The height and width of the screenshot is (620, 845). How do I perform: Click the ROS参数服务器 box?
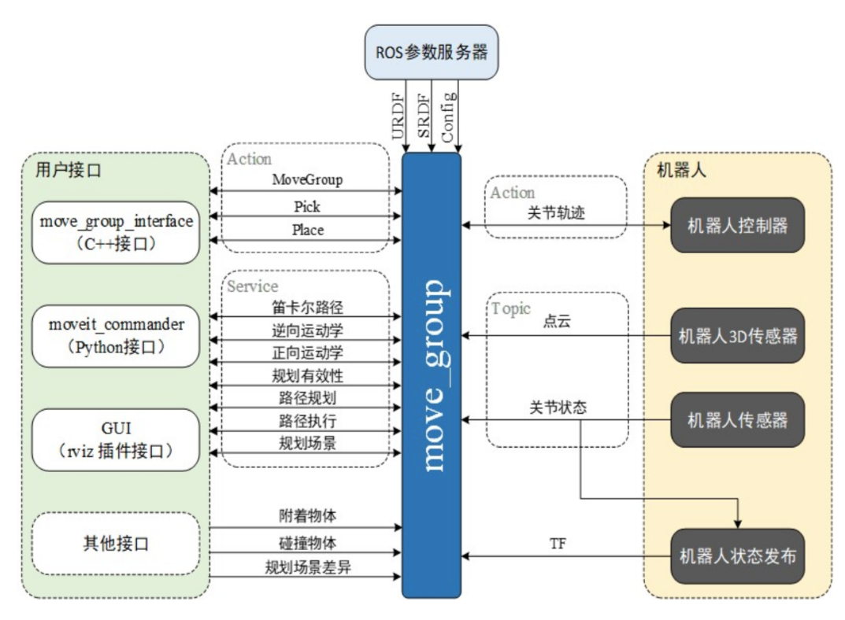point(432,53)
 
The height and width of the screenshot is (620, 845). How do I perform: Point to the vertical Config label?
point(448,116)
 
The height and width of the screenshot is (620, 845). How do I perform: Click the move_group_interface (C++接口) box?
point(116,232)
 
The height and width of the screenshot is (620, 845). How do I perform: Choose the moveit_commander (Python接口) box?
point(116,336)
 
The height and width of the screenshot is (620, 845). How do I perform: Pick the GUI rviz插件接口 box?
point(116,439)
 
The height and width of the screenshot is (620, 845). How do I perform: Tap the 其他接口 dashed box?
point(116,543)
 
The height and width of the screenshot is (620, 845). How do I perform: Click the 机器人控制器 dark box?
point(737,225)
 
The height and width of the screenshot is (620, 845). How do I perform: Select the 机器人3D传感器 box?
point(737,337)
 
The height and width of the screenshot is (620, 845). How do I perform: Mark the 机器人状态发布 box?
point(737,555)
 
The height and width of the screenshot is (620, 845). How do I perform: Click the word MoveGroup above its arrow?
point(307,179)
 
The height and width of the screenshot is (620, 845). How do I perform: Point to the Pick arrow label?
point(307,206)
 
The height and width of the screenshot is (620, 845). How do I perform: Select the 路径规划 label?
point(307,397)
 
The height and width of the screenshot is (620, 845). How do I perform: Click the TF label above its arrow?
point(558,544)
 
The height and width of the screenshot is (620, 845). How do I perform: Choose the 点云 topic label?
point(556,323)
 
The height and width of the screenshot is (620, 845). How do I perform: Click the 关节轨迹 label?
point(556,212)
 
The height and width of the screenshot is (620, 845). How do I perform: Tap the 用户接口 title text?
point(69,170)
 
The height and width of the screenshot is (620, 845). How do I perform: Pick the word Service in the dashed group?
point(253,286)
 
